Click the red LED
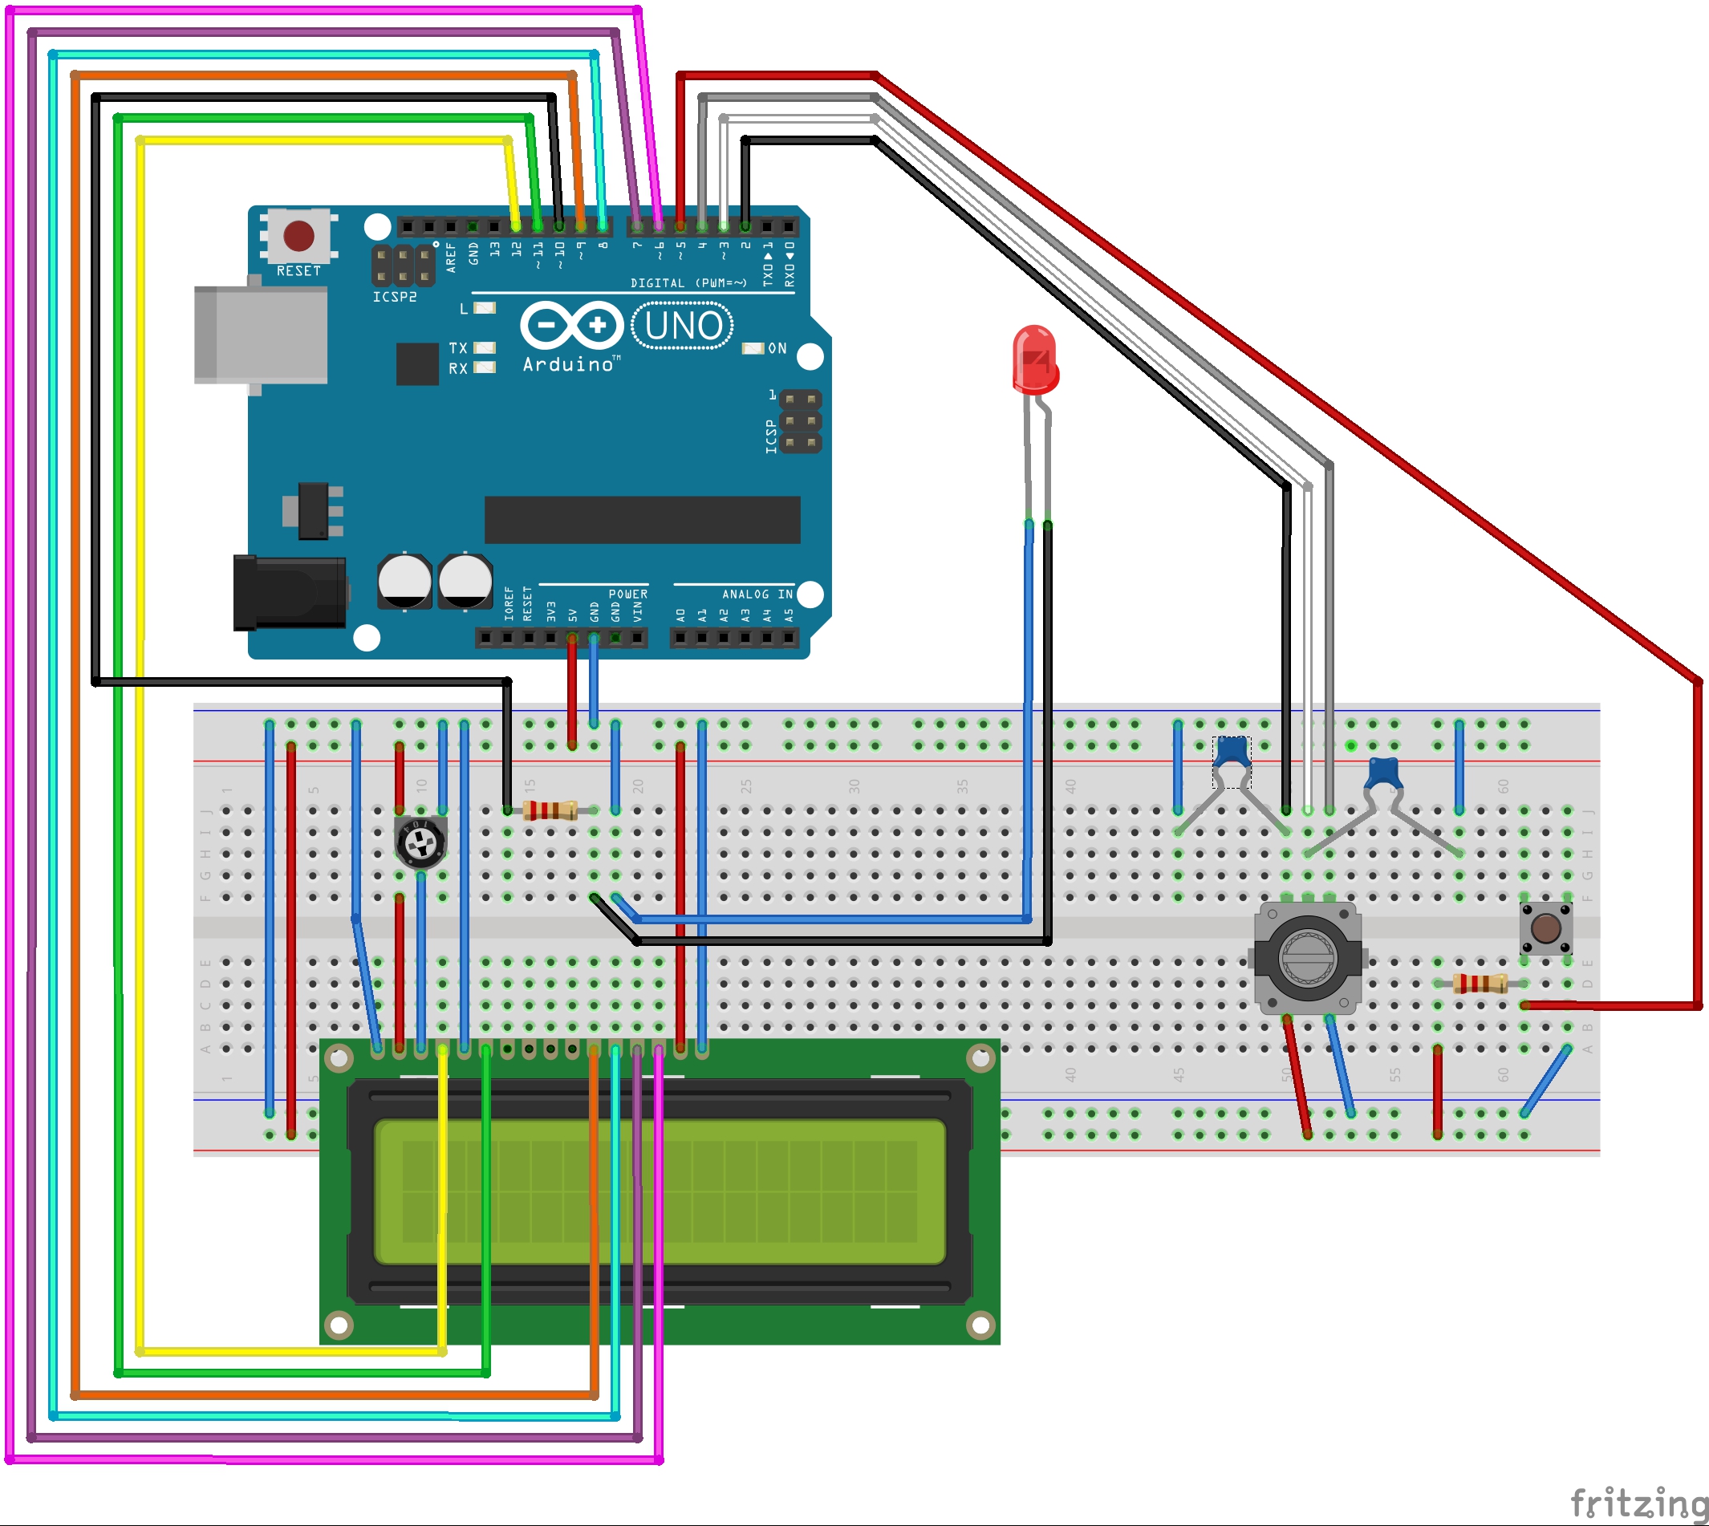pyautogui.click(x=1035, y=360)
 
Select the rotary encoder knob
pyautogui.click(x=1306, y=957)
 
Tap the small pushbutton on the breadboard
pyautogui.click(x=1545, y=928)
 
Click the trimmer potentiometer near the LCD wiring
pyautogui.click(x=420, y=841)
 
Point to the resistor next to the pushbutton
pyautogui.click(x=1480, y=984)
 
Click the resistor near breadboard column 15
pyautogui.click(x=550, y=810)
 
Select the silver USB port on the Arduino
pyautogui.click(x=261, y=335)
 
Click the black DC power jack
pyautogui.click(x=290, y=593)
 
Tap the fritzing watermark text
pyautogui.click(x=1638, y=1502)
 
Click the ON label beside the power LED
pyautogui.click(x=777, y=349)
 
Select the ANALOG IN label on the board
pyautogui.click(x=757, y=595)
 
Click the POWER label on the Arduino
pyautogui.click(x=627, y=595)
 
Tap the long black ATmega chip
pyautogui.click(x=642, y=520)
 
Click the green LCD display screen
pyautogui.click(x=659, y=1191)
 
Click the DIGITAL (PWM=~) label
pyautogui.click(x=688, y=283)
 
